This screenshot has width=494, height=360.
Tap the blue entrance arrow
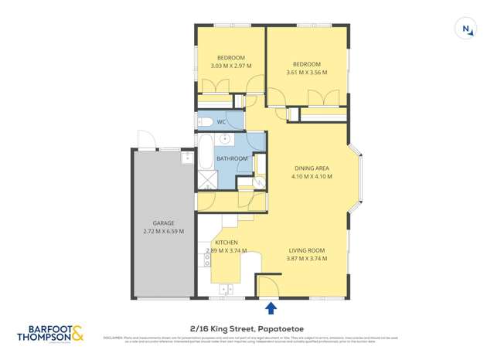tap(271, 309)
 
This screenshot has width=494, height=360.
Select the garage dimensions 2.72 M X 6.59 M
tap(163, 231)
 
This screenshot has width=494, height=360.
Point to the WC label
tap(221, 122)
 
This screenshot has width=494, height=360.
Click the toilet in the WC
tap(205, 121)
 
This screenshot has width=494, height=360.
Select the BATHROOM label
tap(232, 158)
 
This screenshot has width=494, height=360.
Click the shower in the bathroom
tap(206, 182)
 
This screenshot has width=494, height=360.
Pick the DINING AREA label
tap(312, 168)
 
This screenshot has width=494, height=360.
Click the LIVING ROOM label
tap(307, 250)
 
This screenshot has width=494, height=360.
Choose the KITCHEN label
tap(216, 243)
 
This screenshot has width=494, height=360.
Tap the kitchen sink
tap(227, 290)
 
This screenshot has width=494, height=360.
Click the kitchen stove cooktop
tap(207, 261)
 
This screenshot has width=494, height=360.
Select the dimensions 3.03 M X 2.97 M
tap(230, 66)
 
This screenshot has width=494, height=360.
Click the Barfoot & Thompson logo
tap(51, 334)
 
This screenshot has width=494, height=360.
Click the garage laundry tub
tap(187, 158)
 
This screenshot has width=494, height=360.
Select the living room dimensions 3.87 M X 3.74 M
tap(307, 259)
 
